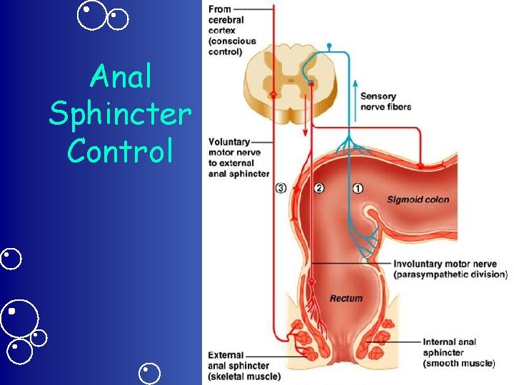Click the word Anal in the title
click(122, 76)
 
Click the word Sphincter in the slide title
click(120, 113)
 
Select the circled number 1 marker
click(358, 188)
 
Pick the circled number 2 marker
click(319, 188)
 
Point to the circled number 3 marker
click(281, 188)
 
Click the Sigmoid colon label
click(418, 199)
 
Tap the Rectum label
click(346, 298)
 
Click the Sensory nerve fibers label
click(385, 101)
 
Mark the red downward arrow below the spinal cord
click(305, 125)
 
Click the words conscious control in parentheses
click(232, 46)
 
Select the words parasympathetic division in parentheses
click(450, 274)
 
